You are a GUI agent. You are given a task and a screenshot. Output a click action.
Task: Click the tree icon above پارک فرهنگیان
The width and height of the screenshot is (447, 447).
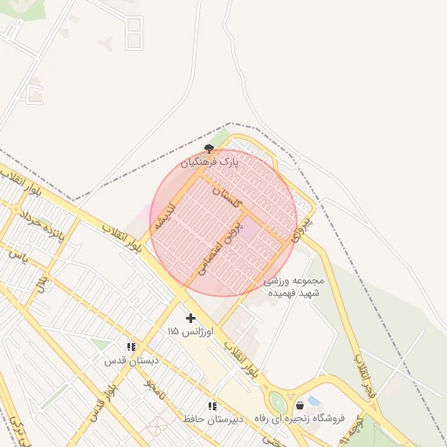(208, 148)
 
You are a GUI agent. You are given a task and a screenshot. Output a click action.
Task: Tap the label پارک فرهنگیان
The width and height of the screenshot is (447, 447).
(210, 162)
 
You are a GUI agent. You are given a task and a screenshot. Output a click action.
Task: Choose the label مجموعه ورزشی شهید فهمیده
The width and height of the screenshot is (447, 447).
(294, 287)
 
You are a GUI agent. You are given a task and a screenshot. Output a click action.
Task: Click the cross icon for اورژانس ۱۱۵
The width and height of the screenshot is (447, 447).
(191, 319)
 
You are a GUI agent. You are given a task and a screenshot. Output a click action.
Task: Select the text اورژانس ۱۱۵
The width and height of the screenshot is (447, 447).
(185, 332)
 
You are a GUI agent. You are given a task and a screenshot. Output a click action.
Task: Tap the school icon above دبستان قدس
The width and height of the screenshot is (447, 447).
(131, 347)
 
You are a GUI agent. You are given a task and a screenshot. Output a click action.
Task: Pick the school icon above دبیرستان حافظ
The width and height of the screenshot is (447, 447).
(212, 406)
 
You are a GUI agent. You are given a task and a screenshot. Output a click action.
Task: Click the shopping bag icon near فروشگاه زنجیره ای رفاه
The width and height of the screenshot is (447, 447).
(300, 405)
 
